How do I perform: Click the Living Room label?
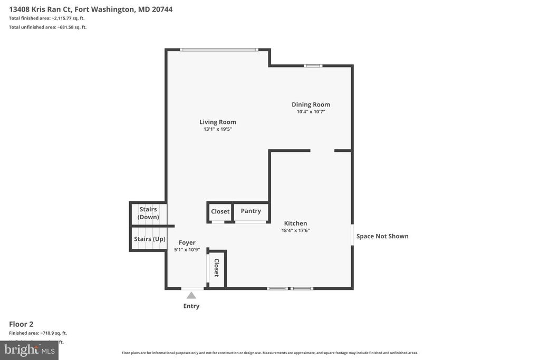click(x=217, y=122)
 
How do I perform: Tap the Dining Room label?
click(x=311, y=104)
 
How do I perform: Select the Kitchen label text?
click(x=295, y=223)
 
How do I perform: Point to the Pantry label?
click(x=250, y=211)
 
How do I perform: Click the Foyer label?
click(x=187, y=242)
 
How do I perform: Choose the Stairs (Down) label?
click(x=148, y=213)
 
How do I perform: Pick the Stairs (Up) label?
click(x=149, y=239)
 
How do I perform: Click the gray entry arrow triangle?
click(x=191, y=295)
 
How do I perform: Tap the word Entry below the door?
click(x=191, y=306)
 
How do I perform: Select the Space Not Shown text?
click(x=382, y=236)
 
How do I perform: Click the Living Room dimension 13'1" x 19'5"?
click(x=217, y=129)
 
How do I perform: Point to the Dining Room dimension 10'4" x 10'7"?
click(x=311, y=111)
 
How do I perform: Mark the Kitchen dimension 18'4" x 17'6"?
click(x=295, y=230)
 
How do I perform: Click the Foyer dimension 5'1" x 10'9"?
click(x=187, y=249)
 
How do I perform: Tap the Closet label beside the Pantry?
click(x=220, y=211)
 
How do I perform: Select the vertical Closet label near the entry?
click(x=216, y=268)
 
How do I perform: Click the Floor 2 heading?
click(x=21, y=324)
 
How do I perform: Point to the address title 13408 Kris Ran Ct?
click(x=90, y=9)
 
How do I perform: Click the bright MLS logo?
click(x=28, y=350)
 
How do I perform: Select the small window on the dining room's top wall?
click(x=313, y=66)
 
